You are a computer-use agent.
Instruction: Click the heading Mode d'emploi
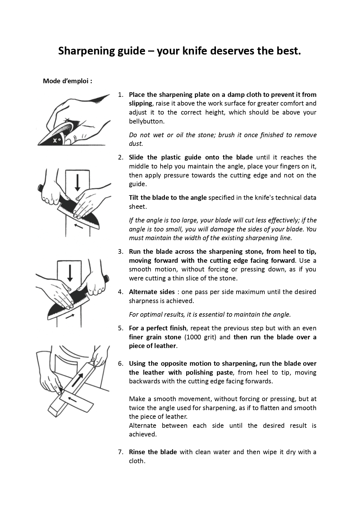67,81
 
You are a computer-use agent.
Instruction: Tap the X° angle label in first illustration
57,141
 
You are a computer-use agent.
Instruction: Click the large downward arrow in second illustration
77,182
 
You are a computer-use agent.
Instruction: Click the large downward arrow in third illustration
70,273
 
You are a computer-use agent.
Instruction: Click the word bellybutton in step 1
146,122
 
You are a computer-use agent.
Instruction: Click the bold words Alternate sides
152,292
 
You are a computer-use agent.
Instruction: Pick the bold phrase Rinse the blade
153,452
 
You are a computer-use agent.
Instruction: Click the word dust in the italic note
135,144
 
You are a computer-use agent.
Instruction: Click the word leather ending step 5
165,346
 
